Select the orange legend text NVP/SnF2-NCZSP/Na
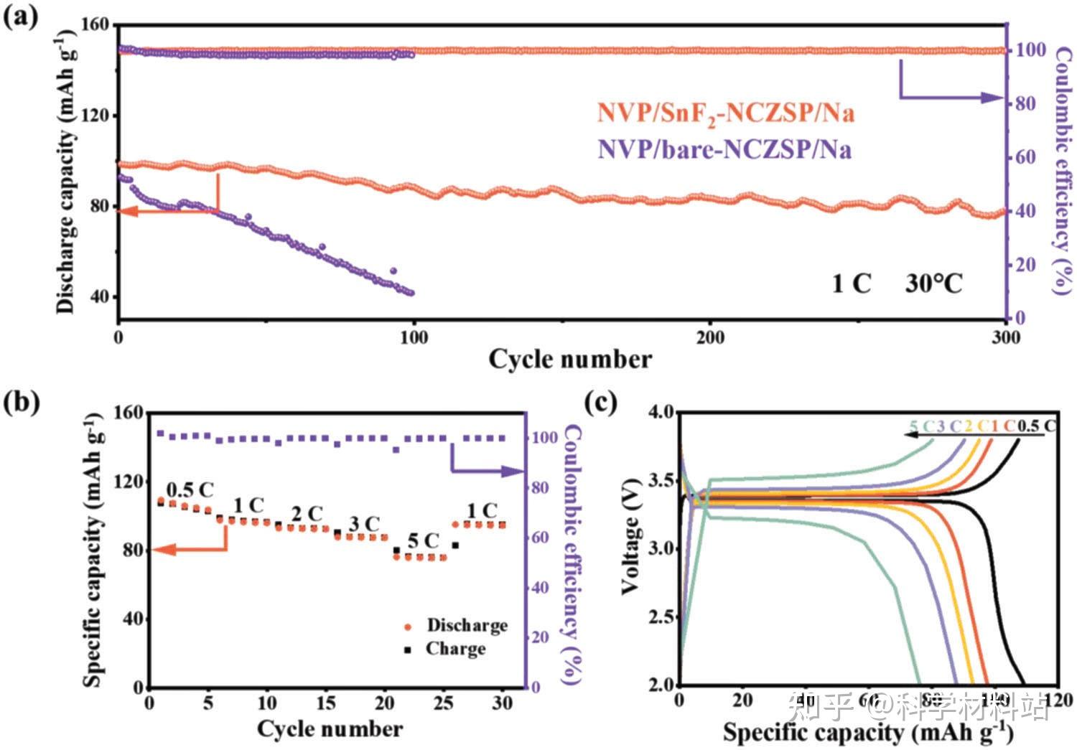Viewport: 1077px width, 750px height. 726,114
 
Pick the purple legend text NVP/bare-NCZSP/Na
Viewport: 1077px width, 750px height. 724,149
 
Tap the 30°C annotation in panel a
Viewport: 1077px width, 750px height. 933,283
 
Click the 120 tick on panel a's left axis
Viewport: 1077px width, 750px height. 95,116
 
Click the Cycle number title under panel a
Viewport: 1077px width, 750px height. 570,359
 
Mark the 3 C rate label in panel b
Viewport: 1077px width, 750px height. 364,525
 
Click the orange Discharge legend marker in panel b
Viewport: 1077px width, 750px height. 409,627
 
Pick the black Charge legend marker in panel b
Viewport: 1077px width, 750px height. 409,650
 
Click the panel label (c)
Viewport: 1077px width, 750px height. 602,402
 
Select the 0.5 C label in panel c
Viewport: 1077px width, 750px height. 1037,426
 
